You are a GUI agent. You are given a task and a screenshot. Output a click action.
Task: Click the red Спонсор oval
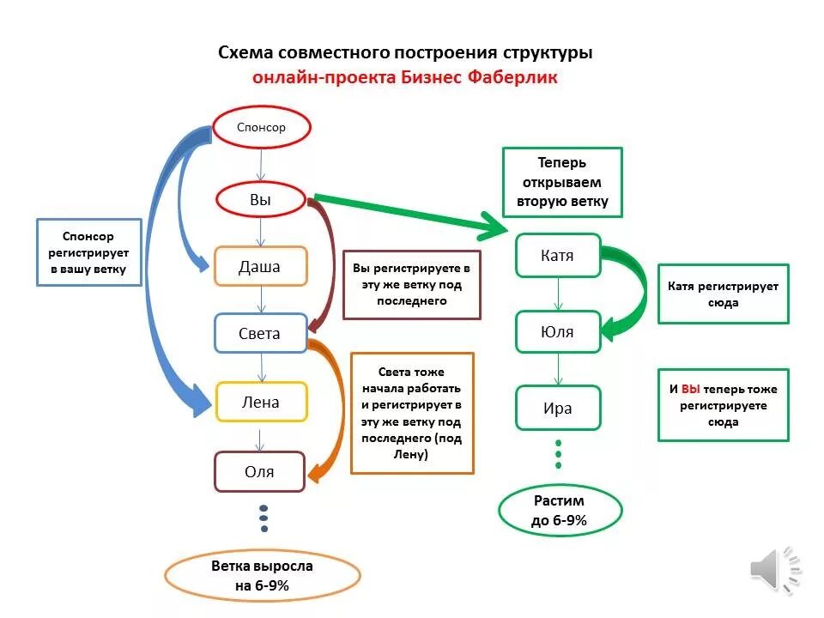click(261, 128)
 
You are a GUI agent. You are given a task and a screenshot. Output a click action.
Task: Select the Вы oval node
click(260, 200)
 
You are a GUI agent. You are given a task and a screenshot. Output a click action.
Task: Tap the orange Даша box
click(259, 266)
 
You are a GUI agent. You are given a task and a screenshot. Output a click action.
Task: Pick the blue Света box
click(259, 333)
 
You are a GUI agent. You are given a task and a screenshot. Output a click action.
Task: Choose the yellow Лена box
click(260, 402)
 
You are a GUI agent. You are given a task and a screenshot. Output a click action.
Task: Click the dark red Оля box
click(259, 471)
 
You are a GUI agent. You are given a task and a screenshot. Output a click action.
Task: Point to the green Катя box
click(558, 255)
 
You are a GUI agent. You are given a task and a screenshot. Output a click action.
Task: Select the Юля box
click(558, 331)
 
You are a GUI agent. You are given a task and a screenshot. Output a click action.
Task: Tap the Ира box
click(558, 408)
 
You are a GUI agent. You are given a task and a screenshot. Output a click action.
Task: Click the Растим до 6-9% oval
click(560, 510)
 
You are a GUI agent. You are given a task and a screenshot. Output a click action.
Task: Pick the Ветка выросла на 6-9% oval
click(262, 576)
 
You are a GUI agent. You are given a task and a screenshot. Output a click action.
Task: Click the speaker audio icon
click(774, 567)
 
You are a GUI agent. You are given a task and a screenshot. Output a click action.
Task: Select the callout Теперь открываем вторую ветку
click(562, 182)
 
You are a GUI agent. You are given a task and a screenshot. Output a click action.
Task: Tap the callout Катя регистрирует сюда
click(723, 294)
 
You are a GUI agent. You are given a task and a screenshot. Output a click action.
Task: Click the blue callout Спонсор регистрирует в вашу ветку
click(88, 251)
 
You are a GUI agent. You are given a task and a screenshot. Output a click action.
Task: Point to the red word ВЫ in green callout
click(691, 389)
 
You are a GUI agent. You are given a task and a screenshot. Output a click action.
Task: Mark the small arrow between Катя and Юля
click(558, 294)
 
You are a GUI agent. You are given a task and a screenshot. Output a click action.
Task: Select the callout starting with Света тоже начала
click(412, 413)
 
